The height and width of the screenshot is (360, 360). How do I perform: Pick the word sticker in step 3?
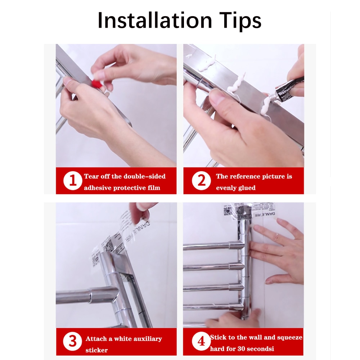click(x=96, y=350)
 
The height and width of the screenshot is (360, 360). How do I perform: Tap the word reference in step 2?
click(x=244, y=176)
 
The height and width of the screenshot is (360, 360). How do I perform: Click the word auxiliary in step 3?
click(x=144, y=339)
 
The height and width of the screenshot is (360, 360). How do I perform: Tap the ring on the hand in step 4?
click(x=276, y=237)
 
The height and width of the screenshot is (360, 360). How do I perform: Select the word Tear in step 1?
click(x=91, y=176)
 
